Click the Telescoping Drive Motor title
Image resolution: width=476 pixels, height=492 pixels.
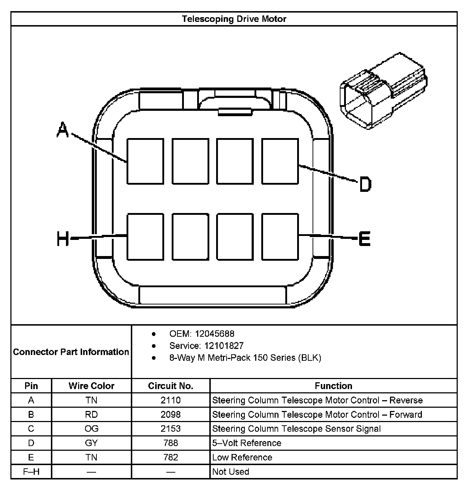coord(234,19)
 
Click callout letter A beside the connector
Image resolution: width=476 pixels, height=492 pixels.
coord(63,130)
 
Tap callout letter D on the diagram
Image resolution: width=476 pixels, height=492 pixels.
coord(365,184)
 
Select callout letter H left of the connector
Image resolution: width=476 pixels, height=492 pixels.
coord(63,239)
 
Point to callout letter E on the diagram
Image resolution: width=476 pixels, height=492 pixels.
coord(365,239)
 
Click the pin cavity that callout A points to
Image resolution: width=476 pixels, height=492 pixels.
coord(145,161)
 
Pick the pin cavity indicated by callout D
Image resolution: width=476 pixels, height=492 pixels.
coord(280,161)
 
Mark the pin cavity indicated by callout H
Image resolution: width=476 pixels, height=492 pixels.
coord(145,237)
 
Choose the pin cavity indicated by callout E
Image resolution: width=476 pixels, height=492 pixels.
coord(280,237)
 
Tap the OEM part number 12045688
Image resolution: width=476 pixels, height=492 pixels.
coord(214,334)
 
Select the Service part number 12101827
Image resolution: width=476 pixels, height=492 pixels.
coord(224,346)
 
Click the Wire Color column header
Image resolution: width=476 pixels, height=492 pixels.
coord(91,386)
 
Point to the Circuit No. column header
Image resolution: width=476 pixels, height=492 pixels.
coord(171,386)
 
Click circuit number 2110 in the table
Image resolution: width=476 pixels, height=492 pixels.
coord(171,400)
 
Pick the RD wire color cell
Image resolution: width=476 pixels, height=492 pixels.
coord(91,415)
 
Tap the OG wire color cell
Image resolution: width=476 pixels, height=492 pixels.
coord(91,429)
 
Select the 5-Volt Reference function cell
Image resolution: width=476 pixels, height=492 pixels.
coord(247,443)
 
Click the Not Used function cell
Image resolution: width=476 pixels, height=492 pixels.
coord(230,472)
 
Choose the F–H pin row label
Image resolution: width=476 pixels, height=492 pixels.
coord(31,472)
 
